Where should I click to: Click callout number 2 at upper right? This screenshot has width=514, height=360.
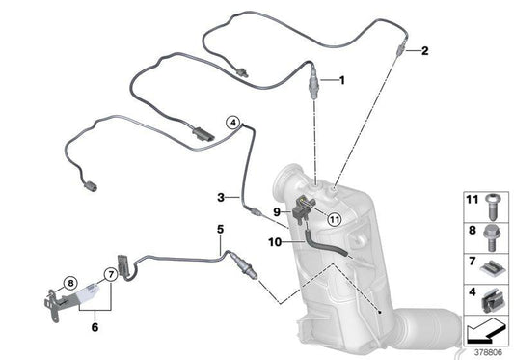[424, 50]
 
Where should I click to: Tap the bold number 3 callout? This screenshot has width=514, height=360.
[221, 197]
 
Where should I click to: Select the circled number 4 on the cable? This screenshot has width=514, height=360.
[232, 124]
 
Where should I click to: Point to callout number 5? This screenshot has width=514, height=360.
[220, 229]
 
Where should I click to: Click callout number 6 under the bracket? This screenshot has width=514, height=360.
[94, 327]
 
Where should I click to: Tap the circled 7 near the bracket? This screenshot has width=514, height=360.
[112, 275]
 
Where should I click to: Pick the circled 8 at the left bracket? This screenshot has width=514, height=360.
[69, 283]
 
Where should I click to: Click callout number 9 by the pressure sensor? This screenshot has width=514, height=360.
[275, 212]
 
